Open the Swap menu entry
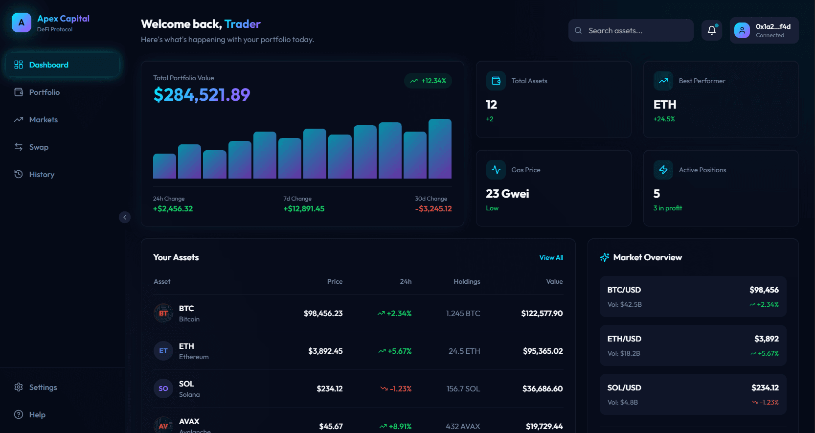point(39,147)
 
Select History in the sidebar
point(42,174)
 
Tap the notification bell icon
point(712,30)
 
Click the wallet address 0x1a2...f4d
point(772,27)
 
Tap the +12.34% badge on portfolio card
point(428,81)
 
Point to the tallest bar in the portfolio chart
point(440,149)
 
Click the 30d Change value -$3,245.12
point(433,208)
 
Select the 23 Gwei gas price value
point(507,194)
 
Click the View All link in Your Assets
point(551,257)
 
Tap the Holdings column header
point(467,281)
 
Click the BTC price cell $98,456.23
point(323,313)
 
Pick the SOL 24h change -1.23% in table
point(400,388)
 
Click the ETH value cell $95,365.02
point(543,351)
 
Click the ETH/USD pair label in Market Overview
point(624,339)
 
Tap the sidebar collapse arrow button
point(125,217)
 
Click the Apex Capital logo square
point(22,23)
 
